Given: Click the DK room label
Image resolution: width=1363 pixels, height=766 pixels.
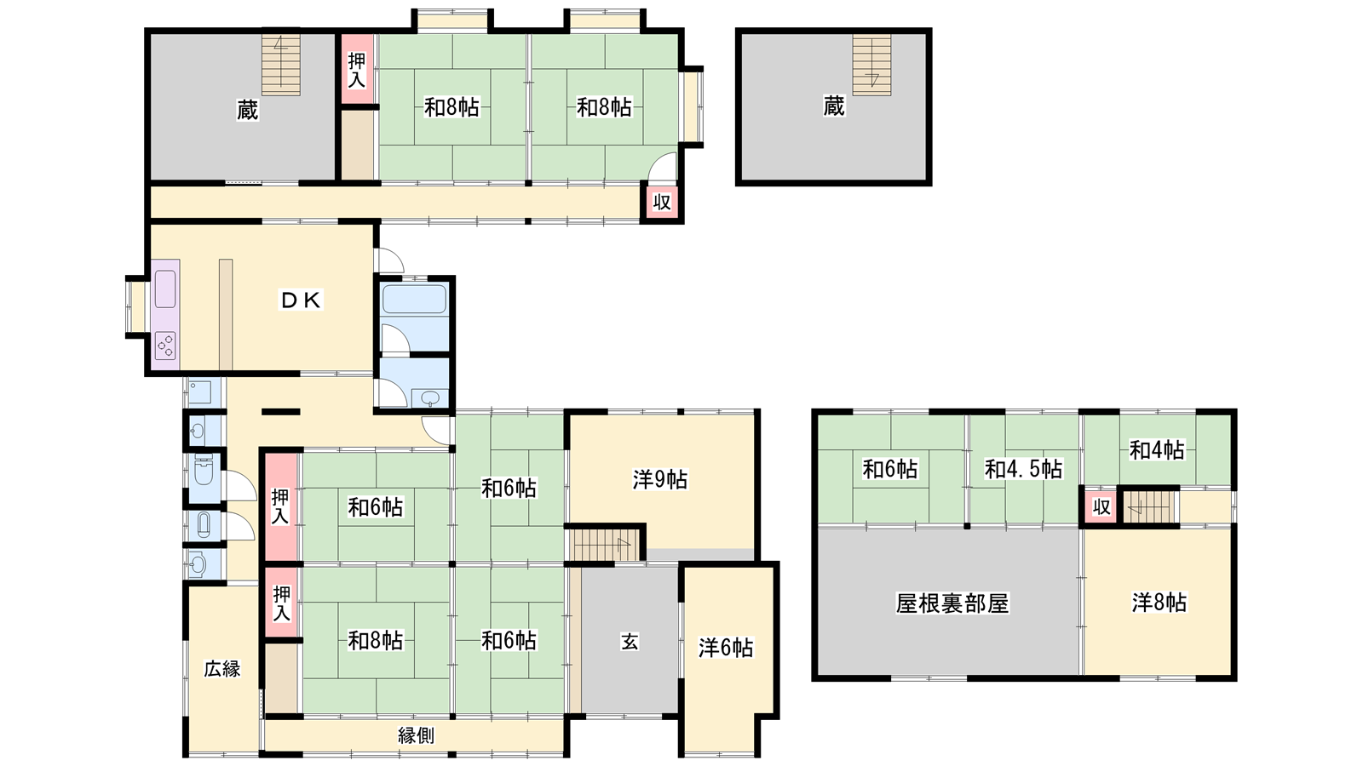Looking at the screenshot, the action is pos(301,300).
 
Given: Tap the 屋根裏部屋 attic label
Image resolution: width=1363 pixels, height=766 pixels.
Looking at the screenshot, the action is pos(952,603).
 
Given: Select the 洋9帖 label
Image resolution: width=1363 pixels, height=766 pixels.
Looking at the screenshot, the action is pos(660,480).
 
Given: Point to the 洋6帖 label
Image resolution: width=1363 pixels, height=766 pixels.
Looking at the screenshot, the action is pos(726,648).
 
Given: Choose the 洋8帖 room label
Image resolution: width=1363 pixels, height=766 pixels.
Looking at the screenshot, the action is pos(1159,603).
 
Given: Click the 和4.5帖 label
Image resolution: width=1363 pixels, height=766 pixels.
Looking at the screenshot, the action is pos(1023,469).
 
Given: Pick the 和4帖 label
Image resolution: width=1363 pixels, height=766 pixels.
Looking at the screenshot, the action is pos(1157,450).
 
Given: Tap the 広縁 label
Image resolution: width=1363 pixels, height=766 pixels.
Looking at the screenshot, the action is pos(222,669).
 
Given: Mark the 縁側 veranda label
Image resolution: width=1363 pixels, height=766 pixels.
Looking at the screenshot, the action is pos(417,735).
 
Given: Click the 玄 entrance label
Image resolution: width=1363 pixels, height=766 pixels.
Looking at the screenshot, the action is pos(630,642).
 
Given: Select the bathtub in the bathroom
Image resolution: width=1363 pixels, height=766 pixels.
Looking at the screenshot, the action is pos(414,299).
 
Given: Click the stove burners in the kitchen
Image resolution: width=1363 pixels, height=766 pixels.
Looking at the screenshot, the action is pos(165,346).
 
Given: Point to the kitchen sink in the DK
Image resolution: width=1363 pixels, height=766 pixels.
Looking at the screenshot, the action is pos(165,289).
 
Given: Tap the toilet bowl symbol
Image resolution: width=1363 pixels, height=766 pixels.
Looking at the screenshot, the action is pos(204,470).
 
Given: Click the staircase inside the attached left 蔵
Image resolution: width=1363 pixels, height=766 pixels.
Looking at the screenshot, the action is pos(281,65).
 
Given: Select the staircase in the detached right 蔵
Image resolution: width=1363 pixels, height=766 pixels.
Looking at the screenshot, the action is pos(872,65).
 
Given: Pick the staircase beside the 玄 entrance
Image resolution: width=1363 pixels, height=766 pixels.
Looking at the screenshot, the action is pos(604,544).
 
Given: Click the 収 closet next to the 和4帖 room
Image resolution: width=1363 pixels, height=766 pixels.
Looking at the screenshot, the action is pos(1102,506).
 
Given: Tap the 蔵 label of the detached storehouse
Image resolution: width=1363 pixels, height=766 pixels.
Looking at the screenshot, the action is pos(834,106).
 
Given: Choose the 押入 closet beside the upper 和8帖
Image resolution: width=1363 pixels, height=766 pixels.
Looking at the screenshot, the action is pos(357,69).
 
